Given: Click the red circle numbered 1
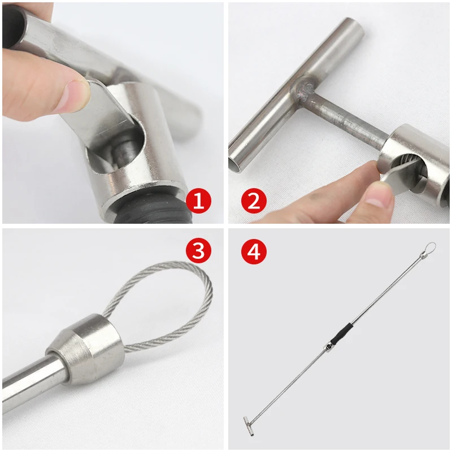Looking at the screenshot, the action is (x=199, y=201).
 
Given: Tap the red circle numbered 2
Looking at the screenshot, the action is (x=254, y=201).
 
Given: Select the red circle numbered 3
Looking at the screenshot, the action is (x=199, y=250).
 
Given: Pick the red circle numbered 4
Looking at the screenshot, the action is (x=254, y=250).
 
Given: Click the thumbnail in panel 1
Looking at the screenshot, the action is (x=76, y=93).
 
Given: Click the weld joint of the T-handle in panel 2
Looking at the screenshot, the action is (x=305, y=90).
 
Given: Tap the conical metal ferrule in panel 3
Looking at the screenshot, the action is (x=86, y=349).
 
